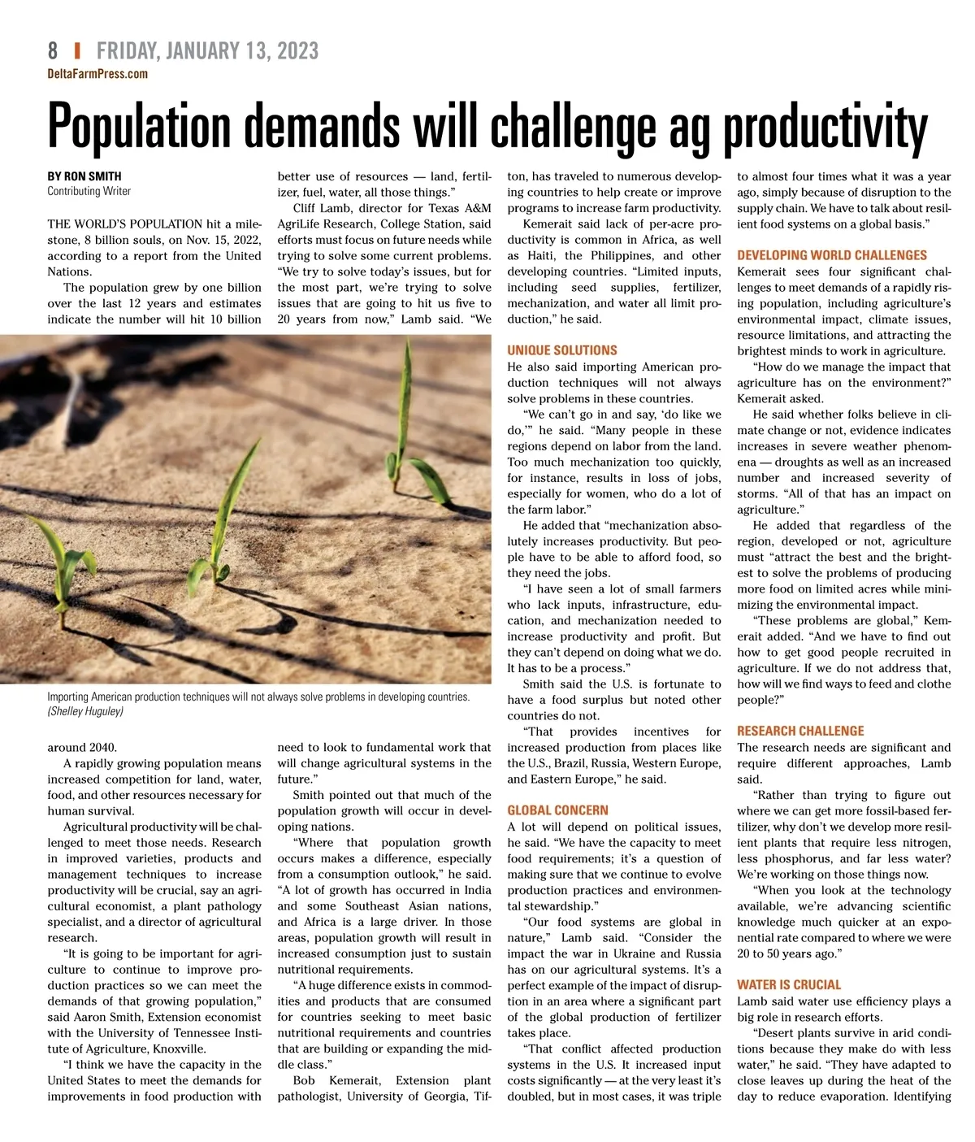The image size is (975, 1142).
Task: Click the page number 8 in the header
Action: click(53, 50)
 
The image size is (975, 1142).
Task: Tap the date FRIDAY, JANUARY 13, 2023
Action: click(207, 50)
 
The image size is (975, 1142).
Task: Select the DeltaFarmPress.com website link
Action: click(97, 74)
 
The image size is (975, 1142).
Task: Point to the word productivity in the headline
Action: click(825, 128)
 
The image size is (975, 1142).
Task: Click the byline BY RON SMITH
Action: click(84, 176)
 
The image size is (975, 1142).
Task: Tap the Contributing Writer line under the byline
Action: click(89, 191)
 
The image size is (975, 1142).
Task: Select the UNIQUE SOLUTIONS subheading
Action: click(562, 350)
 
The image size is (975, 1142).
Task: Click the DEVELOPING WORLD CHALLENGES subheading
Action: click(832, 255)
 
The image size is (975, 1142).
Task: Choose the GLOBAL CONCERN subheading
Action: click(557, 810)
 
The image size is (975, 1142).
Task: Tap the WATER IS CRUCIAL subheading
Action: click(789, 984)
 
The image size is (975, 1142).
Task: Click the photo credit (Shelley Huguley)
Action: click(85, 711)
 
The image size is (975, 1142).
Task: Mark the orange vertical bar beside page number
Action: click(77, 50)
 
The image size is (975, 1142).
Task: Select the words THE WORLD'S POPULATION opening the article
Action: click(125, 224)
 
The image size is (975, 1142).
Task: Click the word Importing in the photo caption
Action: click(68, 697)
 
